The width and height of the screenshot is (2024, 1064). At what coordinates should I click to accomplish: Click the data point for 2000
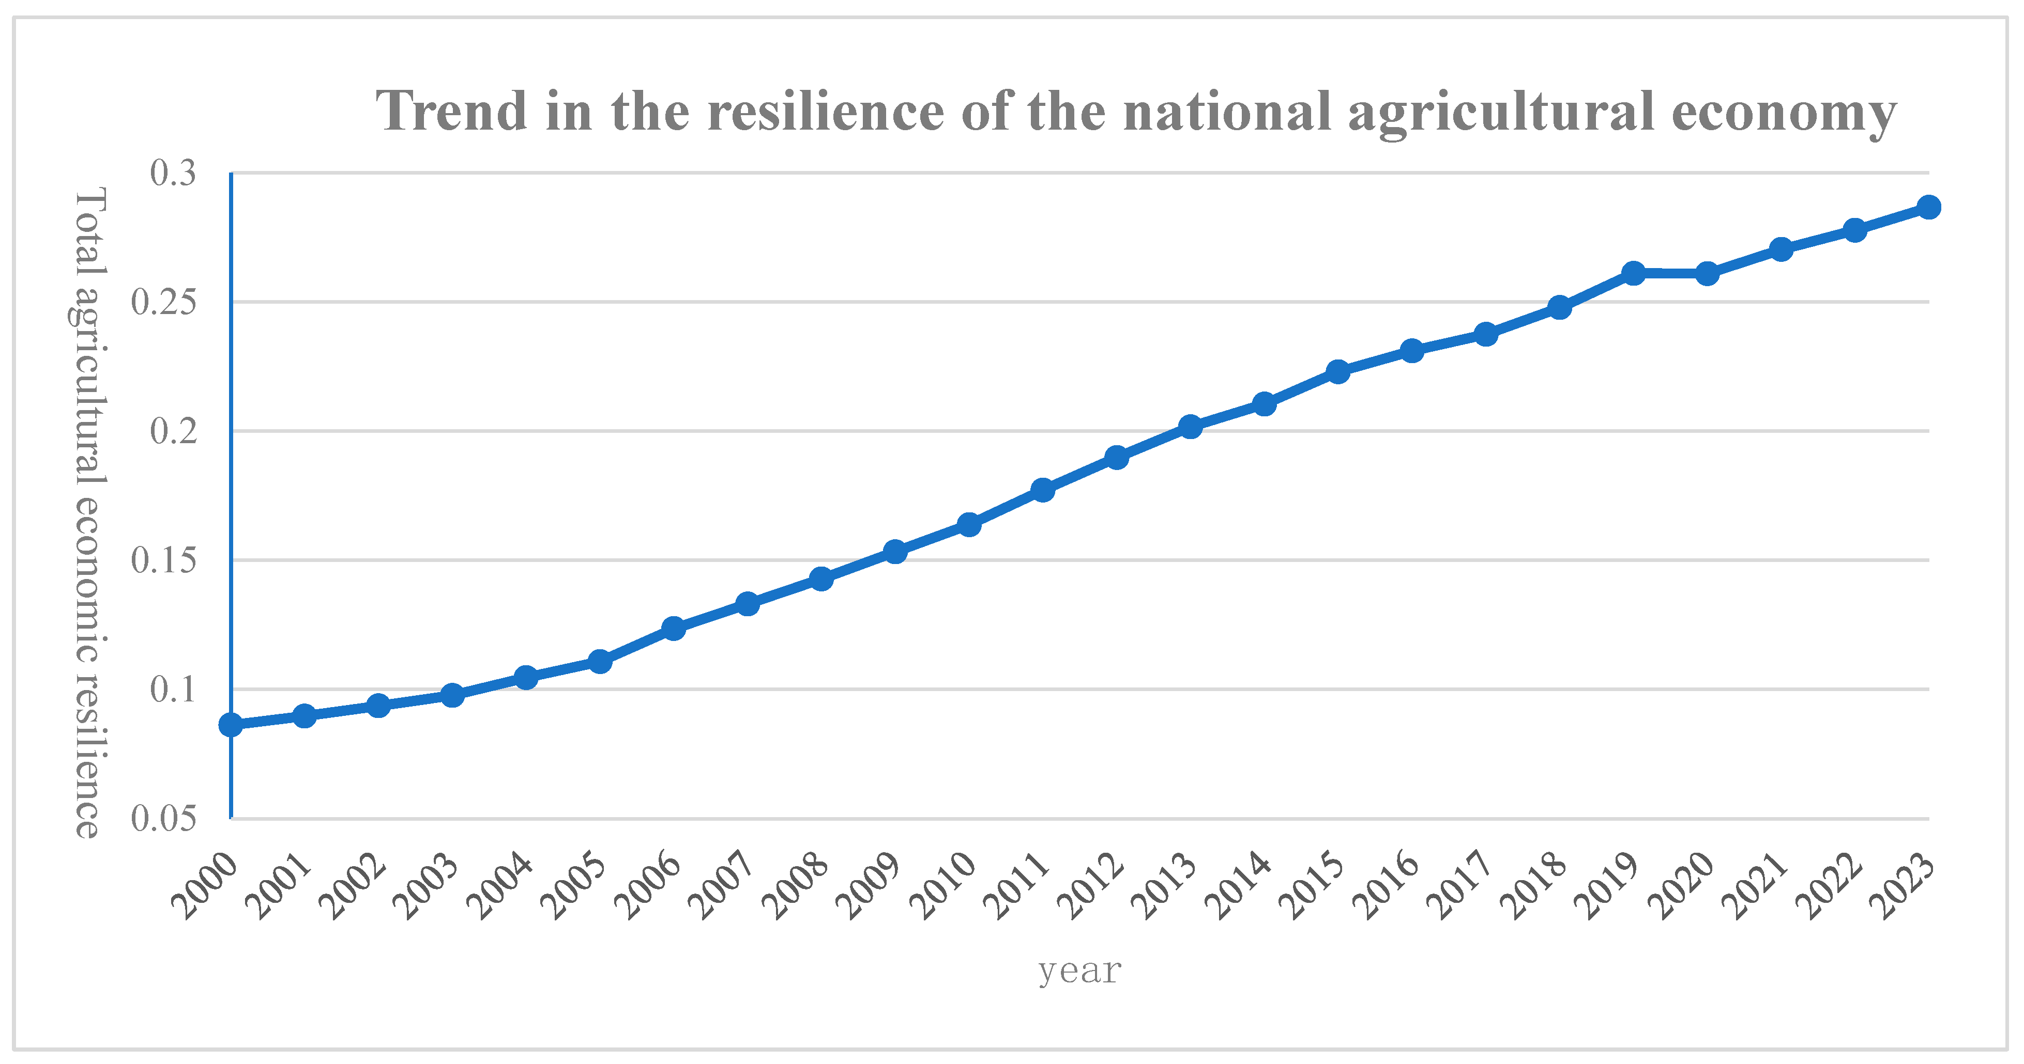[231, 725]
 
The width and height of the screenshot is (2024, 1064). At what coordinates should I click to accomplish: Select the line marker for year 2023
[1928, 207]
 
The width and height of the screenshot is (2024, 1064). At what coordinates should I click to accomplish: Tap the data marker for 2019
[1634, 273]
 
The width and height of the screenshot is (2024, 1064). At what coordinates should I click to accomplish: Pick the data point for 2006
[673, 628]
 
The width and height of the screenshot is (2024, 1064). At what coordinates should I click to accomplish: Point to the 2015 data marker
[1338, 371]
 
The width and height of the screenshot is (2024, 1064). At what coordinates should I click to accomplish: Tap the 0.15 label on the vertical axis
[163, 560]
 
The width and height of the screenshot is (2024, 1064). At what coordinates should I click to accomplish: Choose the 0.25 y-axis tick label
[163, 302]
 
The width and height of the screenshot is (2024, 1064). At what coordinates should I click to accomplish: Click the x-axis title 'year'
[1079, 972]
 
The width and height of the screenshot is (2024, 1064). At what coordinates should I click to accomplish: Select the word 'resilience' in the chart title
[825, 112]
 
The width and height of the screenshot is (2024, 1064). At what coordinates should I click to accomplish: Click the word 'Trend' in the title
[451, 112]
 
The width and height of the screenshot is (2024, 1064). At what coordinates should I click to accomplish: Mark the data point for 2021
[1781, 249]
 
